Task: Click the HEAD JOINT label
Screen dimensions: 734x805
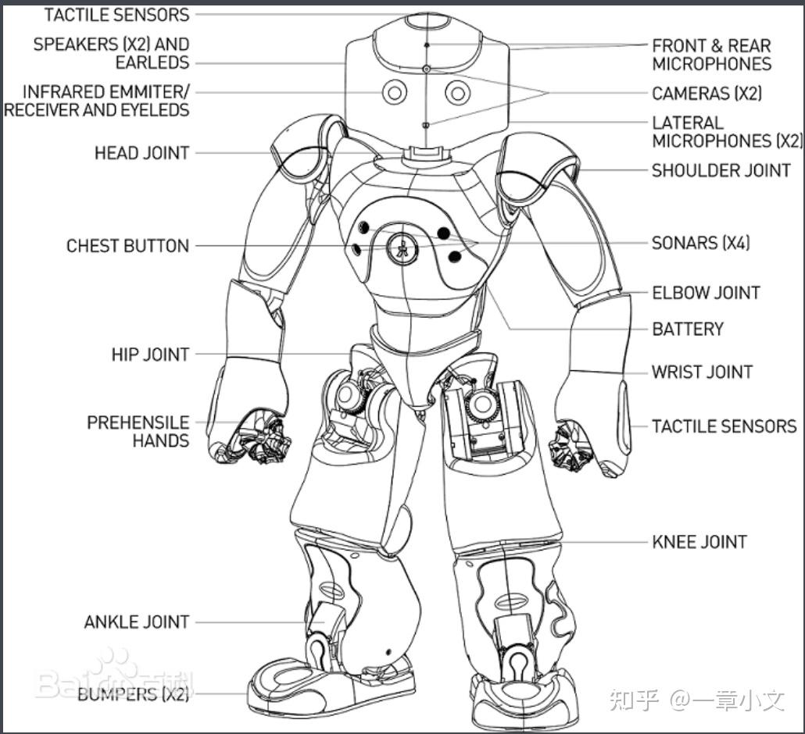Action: (x=141, y=152)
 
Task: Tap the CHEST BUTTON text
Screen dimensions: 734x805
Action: (x=127, y=246)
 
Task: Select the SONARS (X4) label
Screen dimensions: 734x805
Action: (x=700, y=243)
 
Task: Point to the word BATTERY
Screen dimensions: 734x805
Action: (x=688, y=329)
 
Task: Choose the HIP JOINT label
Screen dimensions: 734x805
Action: (x=150, y=355)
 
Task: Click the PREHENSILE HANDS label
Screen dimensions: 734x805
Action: (x=138, y=431)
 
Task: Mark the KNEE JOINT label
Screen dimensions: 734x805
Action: (x=699, y=542)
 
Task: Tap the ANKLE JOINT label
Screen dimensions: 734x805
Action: (x=137, y=622)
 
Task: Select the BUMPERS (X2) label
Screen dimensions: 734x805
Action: (x=133, y=694)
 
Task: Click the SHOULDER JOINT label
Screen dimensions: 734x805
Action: (x=721, y=170)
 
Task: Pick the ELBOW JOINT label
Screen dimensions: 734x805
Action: (x=706, y=293)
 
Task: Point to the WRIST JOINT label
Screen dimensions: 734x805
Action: (x=703, y=372)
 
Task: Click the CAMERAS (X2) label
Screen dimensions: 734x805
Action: (x=707, y=94)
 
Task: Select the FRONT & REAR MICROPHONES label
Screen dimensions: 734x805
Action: (x=711, y=55)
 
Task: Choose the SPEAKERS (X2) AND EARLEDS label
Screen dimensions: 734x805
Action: (x=111, y=53)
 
